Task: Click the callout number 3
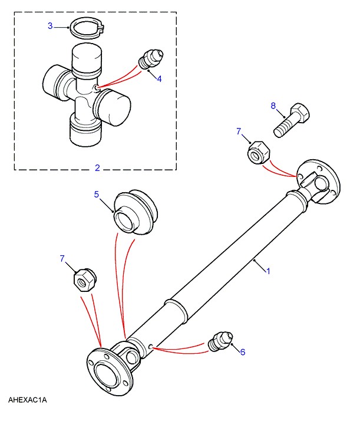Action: coord(50,26)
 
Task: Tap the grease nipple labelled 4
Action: coord(150,59)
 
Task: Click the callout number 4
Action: coord(159,78)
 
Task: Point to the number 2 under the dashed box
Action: coord(97,168)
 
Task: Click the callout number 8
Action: coord(273,106)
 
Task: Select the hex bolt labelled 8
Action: coord(291,120)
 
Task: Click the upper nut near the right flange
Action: coord(258,152)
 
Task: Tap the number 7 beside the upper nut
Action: coord(239,131)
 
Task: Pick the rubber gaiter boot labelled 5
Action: coord(136,212)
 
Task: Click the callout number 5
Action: coord(97,194)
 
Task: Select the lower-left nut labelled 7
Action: coord(85,280)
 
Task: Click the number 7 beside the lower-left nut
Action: coord(62,258)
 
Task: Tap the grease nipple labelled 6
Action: coord(220,341)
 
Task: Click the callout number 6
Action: coord(243,352)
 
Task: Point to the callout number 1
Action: coord(267,271)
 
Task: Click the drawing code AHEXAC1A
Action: coord(27,400)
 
